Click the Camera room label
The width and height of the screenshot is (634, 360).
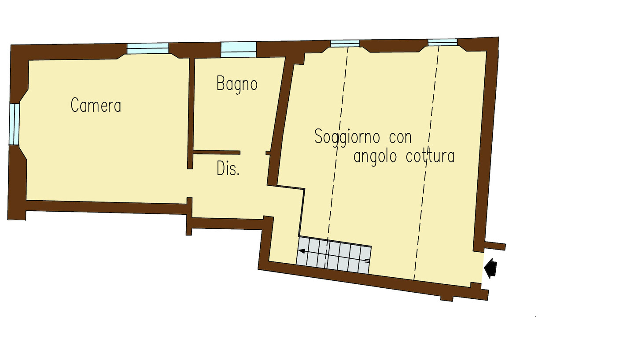point(96,105)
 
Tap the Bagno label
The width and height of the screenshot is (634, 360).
point(237,84)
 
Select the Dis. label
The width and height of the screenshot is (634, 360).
point(228,169)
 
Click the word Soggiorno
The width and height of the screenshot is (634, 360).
point(347,137)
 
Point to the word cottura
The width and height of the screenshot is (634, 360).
point(430,156)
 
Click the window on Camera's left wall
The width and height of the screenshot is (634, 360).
point(14,124)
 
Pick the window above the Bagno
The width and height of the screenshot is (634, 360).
point(238,50)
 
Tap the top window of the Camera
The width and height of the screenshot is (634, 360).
point(148,48)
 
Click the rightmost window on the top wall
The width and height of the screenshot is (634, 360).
point(442,42)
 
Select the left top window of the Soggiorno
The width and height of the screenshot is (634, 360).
point(345,43)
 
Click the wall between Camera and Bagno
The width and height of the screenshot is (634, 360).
point(191,113)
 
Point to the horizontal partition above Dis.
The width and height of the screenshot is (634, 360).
point(217,153)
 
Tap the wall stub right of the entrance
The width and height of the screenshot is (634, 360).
point(495,246)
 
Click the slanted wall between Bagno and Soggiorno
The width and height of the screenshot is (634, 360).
point(280,122)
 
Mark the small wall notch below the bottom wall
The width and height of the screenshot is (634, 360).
point(446,298)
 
